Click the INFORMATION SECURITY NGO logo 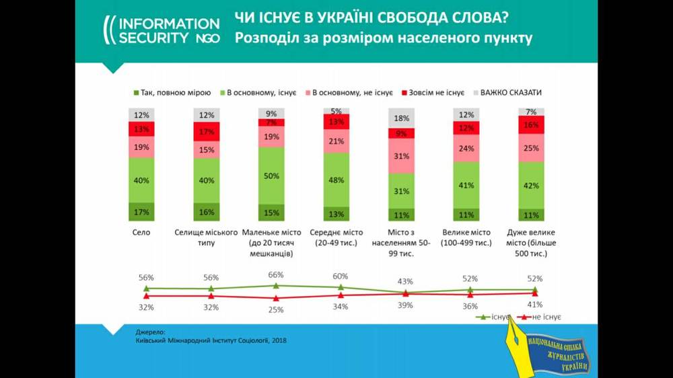click(x=161, y=31)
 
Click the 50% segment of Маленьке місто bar click(x=271, y=175)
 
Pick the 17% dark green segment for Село click(x=142, y=212)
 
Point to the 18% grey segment click(x=402, y=118)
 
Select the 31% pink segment click(x=402, y=156)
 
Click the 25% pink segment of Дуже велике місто click(x=531, y=147)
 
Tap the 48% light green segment click(x=336, y=180)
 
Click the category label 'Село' click(x=142, y=233)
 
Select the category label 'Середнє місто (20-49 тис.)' click(x=336, y=237)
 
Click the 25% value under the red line click(x=275, y=309)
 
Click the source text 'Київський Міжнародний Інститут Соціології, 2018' click(x=211, y=340)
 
